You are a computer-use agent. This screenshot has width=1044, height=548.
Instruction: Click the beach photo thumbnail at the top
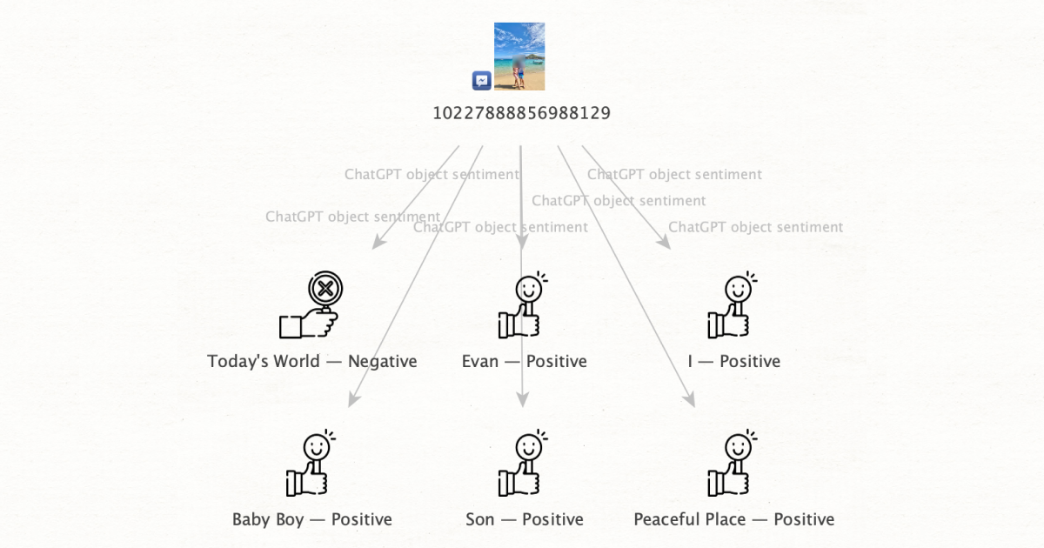[519, 57]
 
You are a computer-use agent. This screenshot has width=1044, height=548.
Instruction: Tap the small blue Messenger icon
[482, 81]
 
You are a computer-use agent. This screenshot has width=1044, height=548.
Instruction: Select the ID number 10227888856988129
[521, 113]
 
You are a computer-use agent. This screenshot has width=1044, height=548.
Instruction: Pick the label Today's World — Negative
[311, 361]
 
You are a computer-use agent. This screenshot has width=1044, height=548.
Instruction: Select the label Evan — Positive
[524, 361]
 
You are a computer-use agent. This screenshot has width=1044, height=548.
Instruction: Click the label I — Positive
[733, 361]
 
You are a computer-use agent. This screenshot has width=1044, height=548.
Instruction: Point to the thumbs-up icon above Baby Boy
[311, 464]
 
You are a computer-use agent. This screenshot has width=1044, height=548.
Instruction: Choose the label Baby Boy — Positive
[311, 519]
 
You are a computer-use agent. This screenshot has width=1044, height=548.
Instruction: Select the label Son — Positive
[524, 519]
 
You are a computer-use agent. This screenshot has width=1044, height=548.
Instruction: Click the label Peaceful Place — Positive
[733, 519]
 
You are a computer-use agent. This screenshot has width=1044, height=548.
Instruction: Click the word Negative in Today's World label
[382, 361]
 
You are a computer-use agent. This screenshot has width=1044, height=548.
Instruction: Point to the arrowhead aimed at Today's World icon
[377, 244]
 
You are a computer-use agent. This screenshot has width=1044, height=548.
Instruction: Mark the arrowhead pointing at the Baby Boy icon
[352, 401]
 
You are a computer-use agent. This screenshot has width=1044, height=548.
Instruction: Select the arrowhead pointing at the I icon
[665, 244]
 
